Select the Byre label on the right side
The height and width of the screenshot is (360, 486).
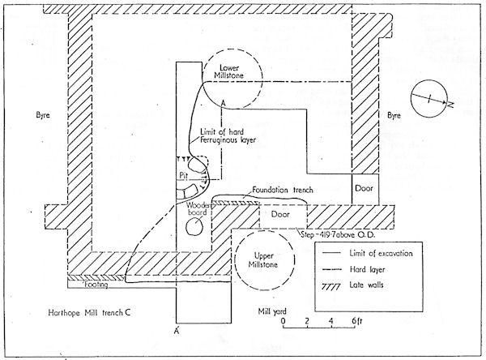point(394,116)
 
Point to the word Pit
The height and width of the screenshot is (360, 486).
point(183,174)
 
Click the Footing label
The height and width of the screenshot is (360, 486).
point(80,285)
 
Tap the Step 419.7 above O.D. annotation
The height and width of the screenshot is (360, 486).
point(347,234)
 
